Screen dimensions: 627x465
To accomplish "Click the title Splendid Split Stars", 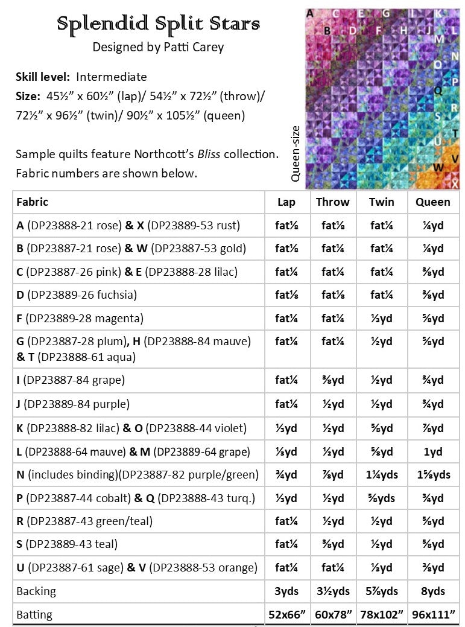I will coord(159,24).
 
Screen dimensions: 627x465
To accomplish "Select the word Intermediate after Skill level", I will coord(112,77).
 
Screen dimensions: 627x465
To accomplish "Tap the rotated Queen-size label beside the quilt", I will coord(296,154).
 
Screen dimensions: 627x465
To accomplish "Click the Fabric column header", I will coord(33,202).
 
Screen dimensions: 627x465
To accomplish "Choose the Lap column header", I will coord(286,202).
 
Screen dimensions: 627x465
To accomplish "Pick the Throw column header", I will coord(332,202).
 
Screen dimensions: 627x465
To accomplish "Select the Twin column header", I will coord(382,202).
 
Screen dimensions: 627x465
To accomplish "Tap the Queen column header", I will coord(432,202).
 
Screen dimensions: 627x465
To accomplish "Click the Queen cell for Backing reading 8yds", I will coord(432,591).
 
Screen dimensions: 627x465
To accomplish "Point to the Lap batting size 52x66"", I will coord(286,615).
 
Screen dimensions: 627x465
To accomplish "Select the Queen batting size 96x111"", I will coord(432,615).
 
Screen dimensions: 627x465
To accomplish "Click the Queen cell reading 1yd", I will coord(432,451).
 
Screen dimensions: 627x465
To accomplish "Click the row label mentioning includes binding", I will coord(138,475).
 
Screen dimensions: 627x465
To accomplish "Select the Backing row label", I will coord(36,591).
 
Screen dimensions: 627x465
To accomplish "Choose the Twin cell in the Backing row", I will coord(382,591).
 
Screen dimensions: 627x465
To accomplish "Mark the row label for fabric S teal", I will coord(67,544).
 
